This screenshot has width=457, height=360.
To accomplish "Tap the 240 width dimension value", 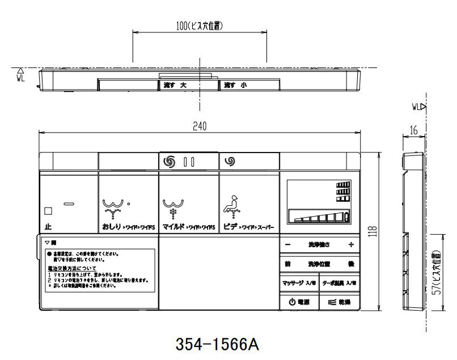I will coord(199,127).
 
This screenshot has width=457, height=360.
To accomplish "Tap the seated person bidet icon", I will coord(231,203).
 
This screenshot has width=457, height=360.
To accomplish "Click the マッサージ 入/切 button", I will coord(299,282).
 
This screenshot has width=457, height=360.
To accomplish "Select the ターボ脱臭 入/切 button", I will coord(338,282).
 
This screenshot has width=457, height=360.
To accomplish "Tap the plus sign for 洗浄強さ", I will coord(351,245).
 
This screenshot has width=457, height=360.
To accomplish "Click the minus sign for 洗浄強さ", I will coord(288,245).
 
